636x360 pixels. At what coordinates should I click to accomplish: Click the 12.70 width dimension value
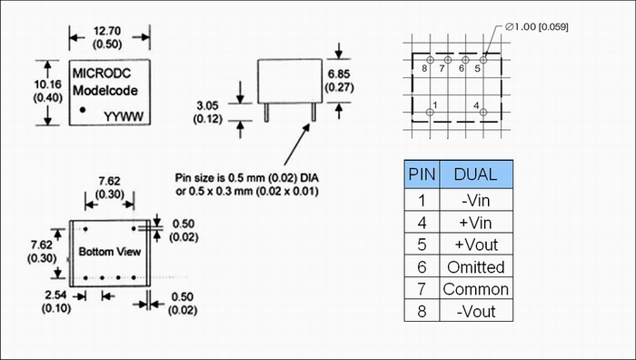click(107, 31)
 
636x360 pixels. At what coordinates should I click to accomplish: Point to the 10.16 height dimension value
click(48, 85)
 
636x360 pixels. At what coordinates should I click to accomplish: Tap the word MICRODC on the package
click(102, 73)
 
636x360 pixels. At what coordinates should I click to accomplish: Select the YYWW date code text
click(124, 117)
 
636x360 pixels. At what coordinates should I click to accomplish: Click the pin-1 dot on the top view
click(83, 110)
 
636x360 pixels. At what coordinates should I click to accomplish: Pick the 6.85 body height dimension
click(339, 74)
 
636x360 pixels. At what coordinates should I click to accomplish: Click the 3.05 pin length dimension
click(207, 105)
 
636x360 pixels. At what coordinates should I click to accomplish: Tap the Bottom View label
click(110, 252)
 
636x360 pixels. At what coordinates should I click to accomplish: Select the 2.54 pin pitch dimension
click(55, 295)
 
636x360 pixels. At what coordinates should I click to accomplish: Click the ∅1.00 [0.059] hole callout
click(537, 26)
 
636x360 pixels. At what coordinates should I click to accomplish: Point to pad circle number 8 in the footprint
click(431, 60)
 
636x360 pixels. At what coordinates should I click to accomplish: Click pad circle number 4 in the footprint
click(483, 112)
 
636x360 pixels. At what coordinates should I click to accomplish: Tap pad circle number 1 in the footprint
click(430, 112)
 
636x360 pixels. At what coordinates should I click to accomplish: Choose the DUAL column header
click(475, 175)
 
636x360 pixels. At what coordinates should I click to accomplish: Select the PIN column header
click(422, 175)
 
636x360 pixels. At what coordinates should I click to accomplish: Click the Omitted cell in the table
click(476, 267)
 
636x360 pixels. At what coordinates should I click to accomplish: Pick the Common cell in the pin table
click(476, 289)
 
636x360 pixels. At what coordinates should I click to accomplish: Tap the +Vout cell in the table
click(476, 245)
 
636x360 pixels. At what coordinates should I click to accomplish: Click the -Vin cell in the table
click(476, 201)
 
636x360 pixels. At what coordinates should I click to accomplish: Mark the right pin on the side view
click(313, 112)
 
